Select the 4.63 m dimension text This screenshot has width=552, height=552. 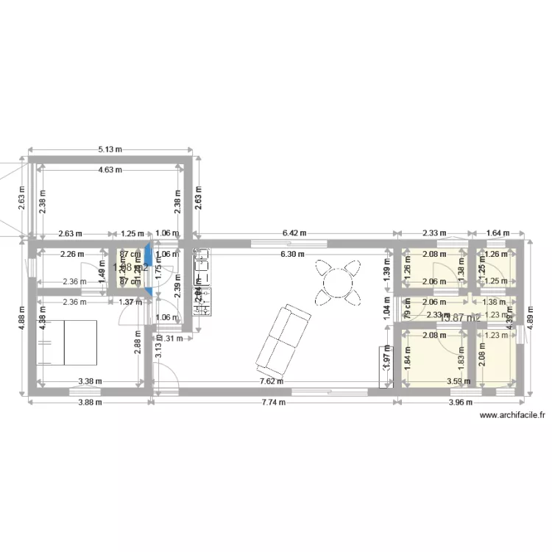(x=110, y=169)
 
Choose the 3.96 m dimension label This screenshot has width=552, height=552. (x=460, y=402)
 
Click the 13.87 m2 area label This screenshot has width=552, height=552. (x=459, y=318)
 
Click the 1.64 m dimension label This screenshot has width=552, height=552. (x=498, y=233)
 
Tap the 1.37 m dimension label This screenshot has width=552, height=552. (x=131, y=302)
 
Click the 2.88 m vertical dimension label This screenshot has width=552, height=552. (x=137, y=344)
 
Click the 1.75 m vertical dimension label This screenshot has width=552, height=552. (x=158, y=269)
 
